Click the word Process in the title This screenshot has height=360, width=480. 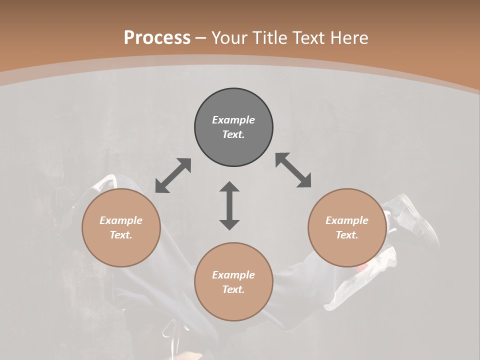157,37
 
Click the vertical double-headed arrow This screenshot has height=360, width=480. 229,205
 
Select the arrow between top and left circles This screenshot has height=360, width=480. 173,175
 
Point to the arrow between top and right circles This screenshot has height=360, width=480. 293,170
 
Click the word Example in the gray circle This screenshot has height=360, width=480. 233,120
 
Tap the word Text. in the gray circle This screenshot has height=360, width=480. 233,134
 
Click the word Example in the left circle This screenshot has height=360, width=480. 121,220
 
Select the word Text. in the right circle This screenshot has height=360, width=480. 347,235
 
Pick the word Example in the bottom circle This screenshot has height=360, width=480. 233,275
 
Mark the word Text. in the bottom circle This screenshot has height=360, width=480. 233,289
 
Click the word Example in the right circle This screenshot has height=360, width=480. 347,220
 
